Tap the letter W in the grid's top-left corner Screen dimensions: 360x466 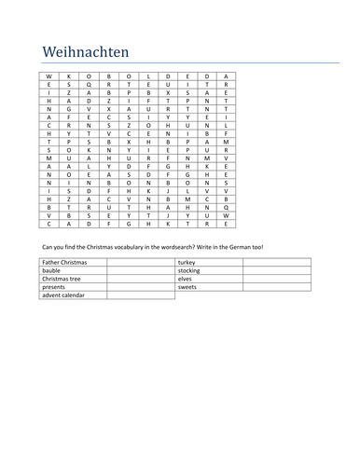[x=49, y=75]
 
